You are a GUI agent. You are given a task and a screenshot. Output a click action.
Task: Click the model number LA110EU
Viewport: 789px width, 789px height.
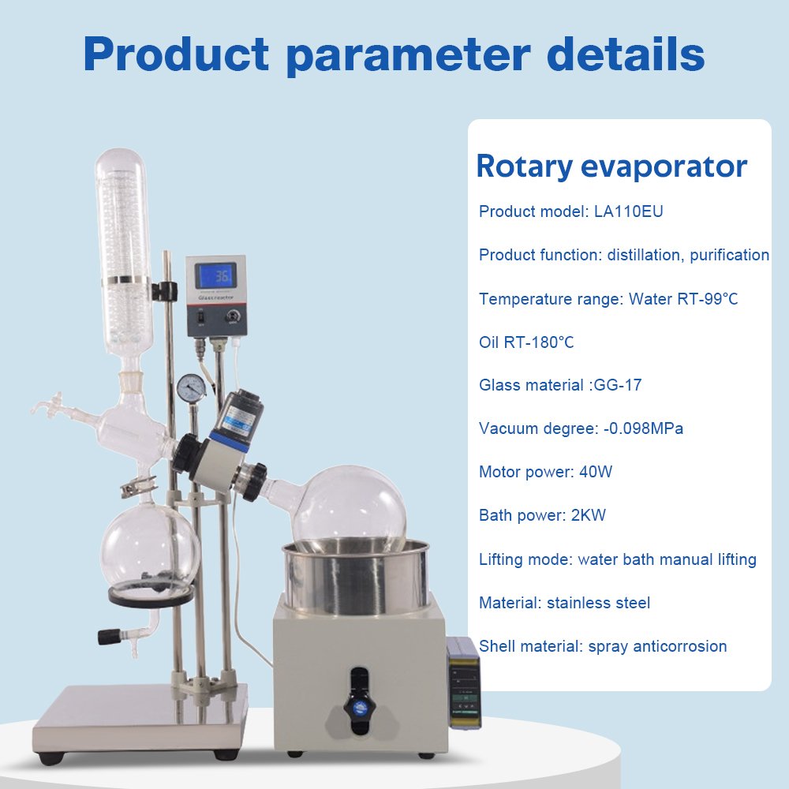click(x=628, y=211)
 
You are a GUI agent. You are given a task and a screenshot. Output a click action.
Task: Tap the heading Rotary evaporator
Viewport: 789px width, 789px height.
click(x=611, y=166)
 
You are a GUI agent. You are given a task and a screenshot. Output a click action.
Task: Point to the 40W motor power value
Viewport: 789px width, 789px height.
click(x=596, y=472)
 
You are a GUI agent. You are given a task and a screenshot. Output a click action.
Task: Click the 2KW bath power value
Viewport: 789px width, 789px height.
click(x=589, y=515)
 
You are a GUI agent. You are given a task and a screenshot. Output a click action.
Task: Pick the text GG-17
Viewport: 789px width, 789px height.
click(x=618, y=385)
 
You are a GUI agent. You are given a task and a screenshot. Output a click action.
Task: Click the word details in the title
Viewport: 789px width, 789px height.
click(x=626, y=54)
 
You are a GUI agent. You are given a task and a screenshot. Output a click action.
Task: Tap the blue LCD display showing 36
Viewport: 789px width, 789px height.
click(x=216, y=275)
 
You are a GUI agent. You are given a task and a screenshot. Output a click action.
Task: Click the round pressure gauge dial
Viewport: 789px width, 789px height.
click(x=191, y=387)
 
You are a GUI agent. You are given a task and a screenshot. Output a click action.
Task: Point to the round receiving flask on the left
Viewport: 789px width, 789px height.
click(x=151, y=548)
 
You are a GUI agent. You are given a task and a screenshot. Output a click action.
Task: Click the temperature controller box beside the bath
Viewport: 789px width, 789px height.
click(x=463, y=682)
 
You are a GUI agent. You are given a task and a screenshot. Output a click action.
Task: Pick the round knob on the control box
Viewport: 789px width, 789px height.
click(x=233, y=316)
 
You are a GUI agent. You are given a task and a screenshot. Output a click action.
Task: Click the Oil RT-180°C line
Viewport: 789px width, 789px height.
click(x=526, y=342)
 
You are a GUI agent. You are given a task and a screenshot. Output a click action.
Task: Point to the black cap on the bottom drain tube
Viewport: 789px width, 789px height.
click(x=109, y=637)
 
